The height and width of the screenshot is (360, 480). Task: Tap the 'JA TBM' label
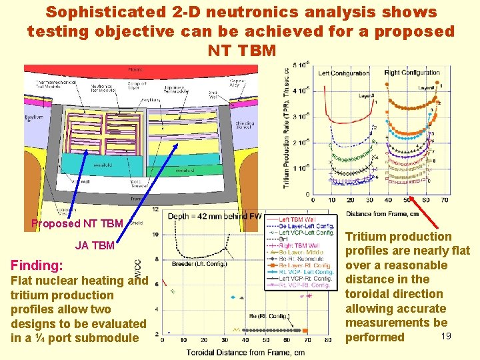tap(95, 245)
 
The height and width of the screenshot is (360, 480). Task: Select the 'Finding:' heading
tap(37, 265)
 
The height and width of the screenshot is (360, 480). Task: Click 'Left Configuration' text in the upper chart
tap(344, 73)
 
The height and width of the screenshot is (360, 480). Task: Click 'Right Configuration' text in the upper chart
tap(412, 73)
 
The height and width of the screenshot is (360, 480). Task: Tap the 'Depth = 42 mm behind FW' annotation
tap(214, 216)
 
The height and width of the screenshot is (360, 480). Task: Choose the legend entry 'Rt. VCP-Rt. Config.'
tap(306, 285)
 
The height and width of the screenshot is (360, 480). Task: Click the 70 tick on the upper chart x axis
tap(445, 201)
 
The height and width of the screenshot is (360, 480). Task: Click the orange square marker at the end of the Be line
tap(305, 331)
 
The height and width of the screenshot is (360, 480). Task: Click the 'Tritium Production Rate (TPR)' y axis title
tap(287, 127)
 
